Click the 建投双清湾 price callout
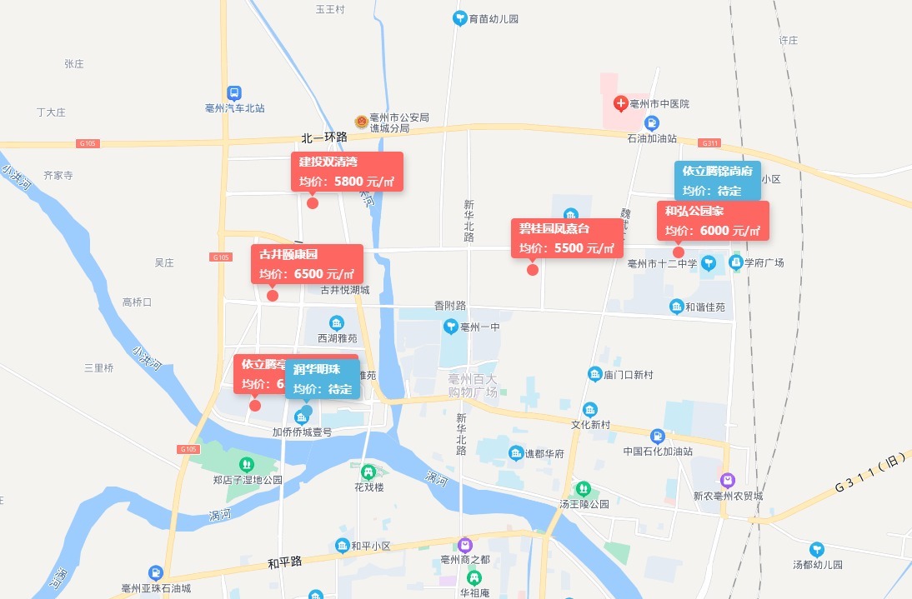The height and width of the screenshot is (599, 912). coord(347,172)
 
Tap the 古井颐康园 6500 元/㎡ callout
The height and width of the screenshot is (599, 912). coord(307,263)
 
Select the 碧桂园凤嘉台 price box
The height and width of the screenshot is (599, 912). coord(567,237)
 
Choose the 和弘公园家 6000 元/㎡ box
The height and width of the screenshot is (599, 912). coord(713,221)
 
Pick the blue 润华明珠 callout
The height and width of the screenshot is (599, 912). coord(322,379)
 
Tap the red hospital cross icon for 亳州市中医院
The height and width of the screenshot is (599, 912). coord(620,104)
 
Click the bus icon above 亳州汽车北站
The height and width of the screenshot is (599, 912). coord(235,93)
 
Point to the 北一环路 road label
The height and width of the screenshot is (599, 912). coord(324,137)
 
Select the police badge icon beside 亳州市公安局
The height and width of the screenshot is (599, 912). coord(361,122)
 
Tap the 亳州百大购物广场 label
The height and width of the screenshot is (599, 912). coord(473,385)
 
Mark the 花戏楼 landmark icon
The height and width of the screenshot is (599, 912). coord(368,472)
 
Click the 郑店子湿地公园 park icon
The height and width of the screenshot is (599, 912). coord(246,464)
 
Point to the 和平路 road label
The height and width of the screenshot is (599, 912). coord(284,563)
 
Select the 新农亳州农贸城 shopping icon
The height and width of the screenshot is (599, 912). coord(728,480)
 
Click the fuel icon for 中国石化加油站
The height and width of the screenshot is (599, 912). coord(658,436)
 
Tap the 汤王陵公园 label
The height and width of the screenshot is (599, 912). coord(584,504)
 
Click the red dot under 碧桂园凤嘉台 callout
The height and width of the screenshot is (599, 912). coord(533,269)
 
